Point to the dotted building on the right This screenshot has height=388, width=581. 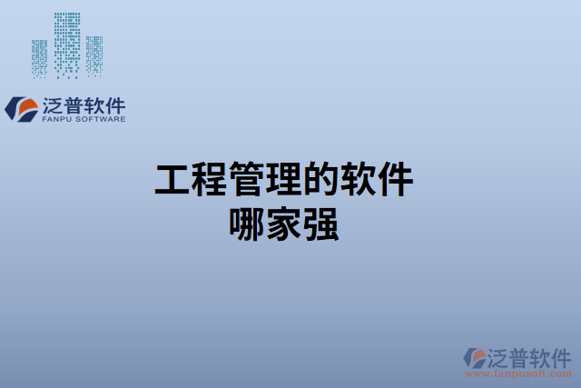click(x=94, y=56)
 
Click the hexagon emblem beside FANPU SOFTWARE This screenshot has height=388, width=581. click(x=20, y=109)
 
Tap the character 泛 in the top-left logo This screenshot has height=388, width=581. click(x=53, y=104)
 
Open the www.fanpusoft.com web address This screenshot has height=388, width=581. click(x=518, y=373)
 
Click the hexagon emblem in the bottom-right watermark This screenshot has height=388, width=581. click(x=474, y=356)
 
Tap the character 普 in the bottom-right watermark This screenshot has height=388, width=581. click(x=517, y=355)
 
